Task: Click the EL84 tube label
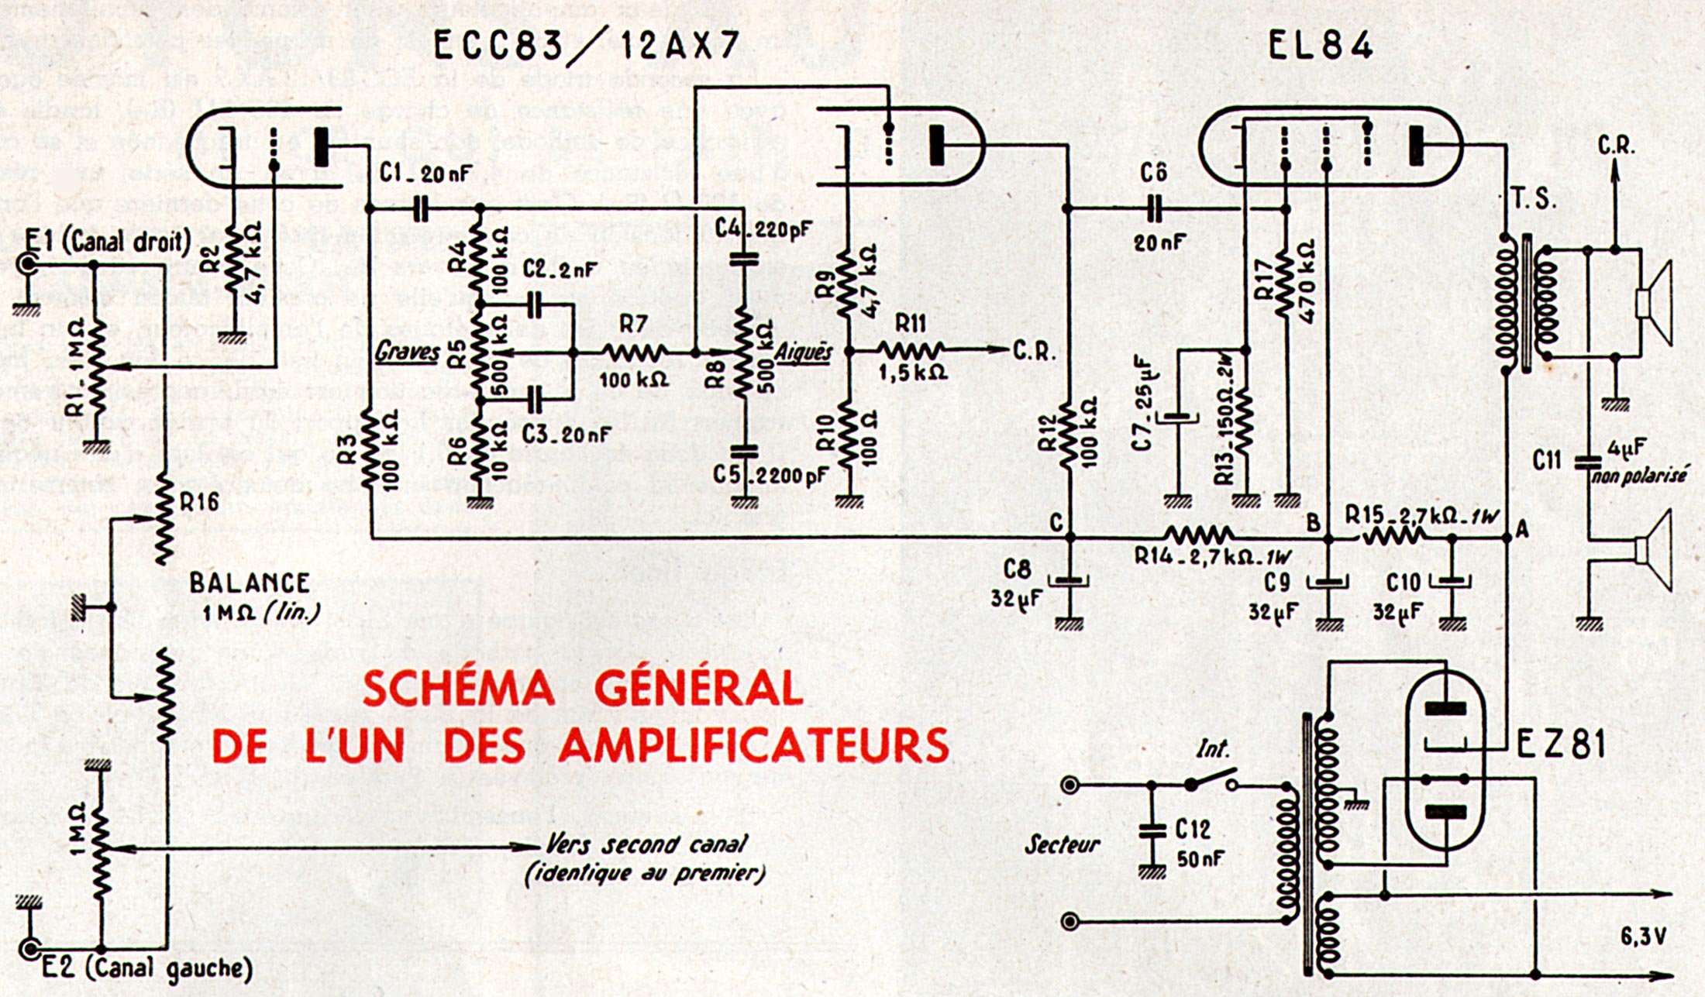tap(1320, 46)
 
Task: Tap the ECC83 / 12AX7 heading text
tap(585, 46)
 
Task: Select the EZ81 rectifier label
tap(1560, 744)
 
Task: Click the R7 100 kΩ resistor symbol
tap(635, 352)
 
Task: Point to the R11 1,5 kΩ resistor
tap(910, 350)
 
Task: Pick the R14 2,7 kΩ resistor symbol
tap(1198, 535)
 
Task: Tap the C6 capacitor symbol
tap(1154, 208)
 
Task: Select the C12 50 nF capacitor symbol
tap(1152, 831)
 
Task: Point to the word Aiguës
tap(803, 352)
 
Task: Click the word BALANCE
tap(250, 583)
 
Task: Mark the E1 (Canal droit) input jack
tap(28, 265)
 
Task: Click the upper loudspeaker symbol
tap(1654, 302)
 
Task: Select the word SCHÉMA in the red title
tap(458, 689)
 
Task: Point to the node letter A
tap(1521, 529)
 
